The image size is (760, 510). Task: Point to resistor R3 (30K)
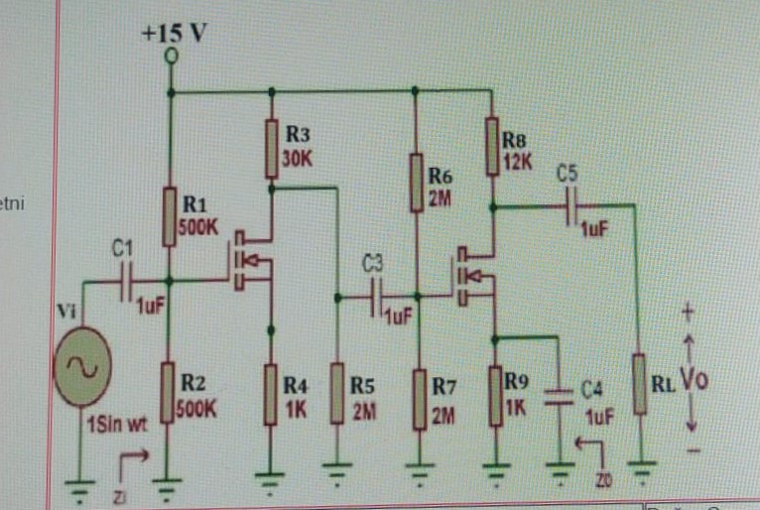tap(270, 149)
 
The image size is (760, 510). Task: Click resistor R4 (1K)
tap(270, 393)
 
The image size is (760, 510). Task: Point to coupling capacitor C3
tap(378, 297)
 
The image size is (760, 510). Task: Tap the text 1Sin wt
tap(115, 427)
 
